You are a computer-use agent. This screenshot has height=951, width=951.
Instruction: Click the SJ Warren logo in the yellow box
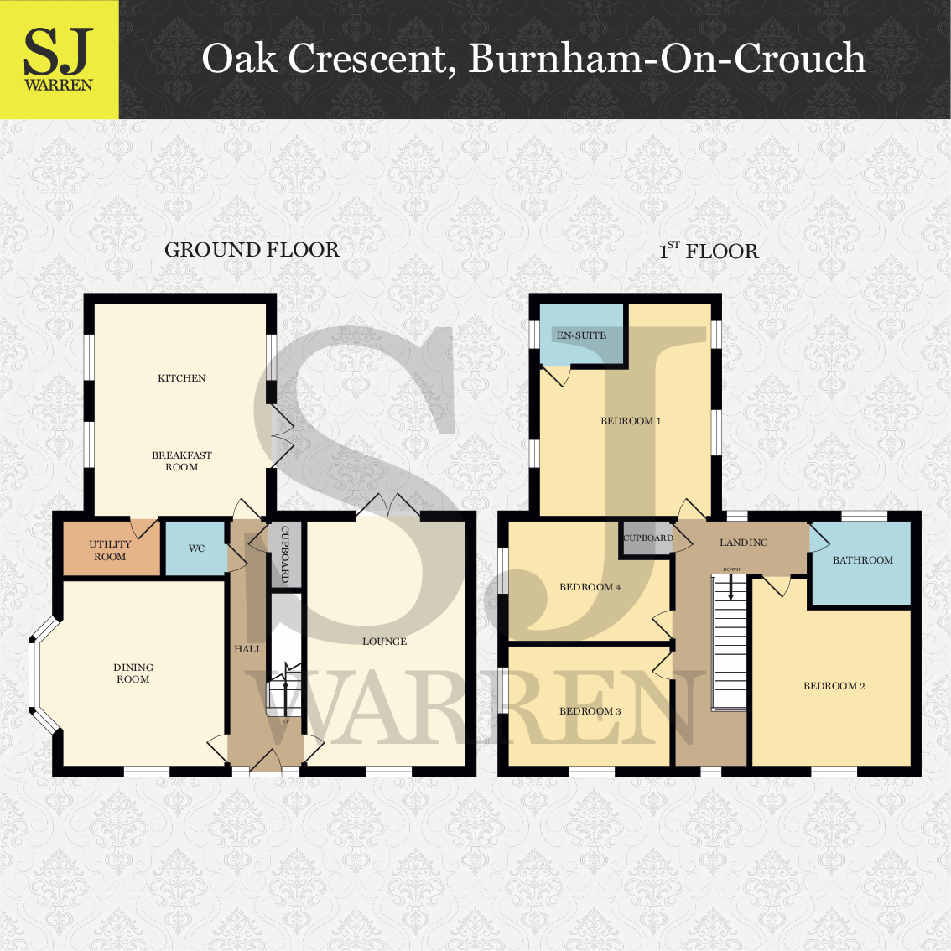[59, 59]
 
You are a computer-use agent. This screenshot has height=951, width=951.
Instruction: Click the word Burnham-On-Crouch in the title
[667, 59]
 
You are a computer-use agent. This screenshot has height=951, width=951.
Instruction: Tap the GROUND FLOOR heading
[252, 250]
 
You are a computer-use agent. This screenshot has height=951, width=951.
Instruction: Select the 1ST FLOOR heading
[709, 251]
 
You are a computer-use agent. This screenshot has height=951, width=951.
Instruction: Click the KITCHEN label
[182, 378]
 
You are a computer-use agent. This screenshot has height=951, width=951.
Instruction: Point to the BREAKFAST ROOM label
[182, 461]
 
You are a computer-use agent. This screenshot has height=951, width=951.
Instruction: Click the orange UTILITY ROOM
[111, 551]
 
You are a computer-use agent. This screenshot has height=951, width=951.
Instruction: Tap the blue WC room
[196, 549]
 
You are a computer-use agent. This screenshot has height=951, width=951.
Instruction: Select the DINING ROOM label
[133, 673]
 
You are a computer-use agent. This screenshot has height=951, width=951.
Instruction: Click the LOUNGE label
[385, 642]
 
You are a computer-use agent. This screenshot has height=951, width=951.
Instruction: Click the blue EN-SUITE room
[581, 335]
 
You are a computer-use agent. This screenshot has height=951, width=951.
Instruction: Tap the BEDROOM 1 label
[631, 421]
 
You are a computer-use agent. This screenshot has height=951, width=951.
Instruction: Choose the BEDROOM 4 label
[590, 587]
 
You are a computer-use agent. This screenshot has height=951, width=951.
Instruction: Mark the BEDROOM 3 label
[590, 711]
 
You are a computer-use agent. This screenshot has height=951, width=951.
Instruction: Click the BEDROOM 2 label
[834, 686]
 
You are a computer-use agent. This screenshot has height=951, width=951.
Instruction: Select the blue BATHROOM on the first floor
[862, 560]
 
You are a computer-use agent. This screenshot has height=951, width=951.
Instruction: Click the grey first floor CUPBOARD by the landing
[647, 538]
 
